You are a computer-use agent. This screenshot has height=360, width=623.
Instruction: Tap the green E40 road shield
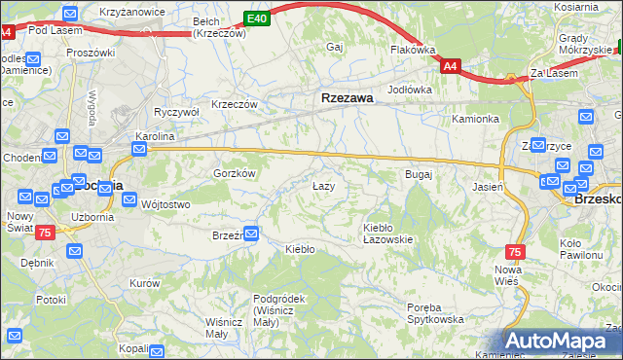pyautogui.click(x=256, y=18)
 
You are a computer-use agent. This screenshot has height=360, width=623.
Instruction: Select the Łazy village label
pyautogui.click(x=323, y=186)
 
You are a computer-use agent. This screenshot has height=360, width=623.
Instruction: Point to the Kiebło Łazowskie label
pyautogui.click(x=388, y=233)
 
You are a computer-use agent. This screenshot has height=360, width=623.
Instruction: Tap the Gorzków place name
pyautogui.click(x=234, y=172)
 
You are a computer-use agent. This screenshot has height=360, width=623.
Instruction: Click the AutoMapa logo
pyautogui.click(x=565, y=342)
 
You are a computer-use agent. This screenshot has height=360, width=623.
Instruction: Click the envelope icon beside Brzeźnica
pyautogui.click(x=252, y=234)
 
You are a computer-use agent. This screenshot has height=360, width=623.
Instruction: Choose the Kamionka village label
pyautogui.click(x=475, y=119)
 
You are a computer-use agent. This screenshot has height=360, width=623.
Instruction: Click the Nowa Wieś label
pyautogui.click(x=508, y=274)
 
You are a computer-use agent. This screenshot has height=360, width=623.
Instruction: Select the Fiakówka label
pyautogui.click(x=412, y=49)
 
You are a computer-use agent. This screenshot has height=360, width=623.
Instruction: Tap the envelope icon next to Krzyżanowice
pyautogui.click(x=69, y=13)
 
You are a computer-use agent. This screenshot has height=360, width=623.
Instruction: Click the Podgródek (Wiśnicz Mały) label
pyautogui.click(x=279, y=305)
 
